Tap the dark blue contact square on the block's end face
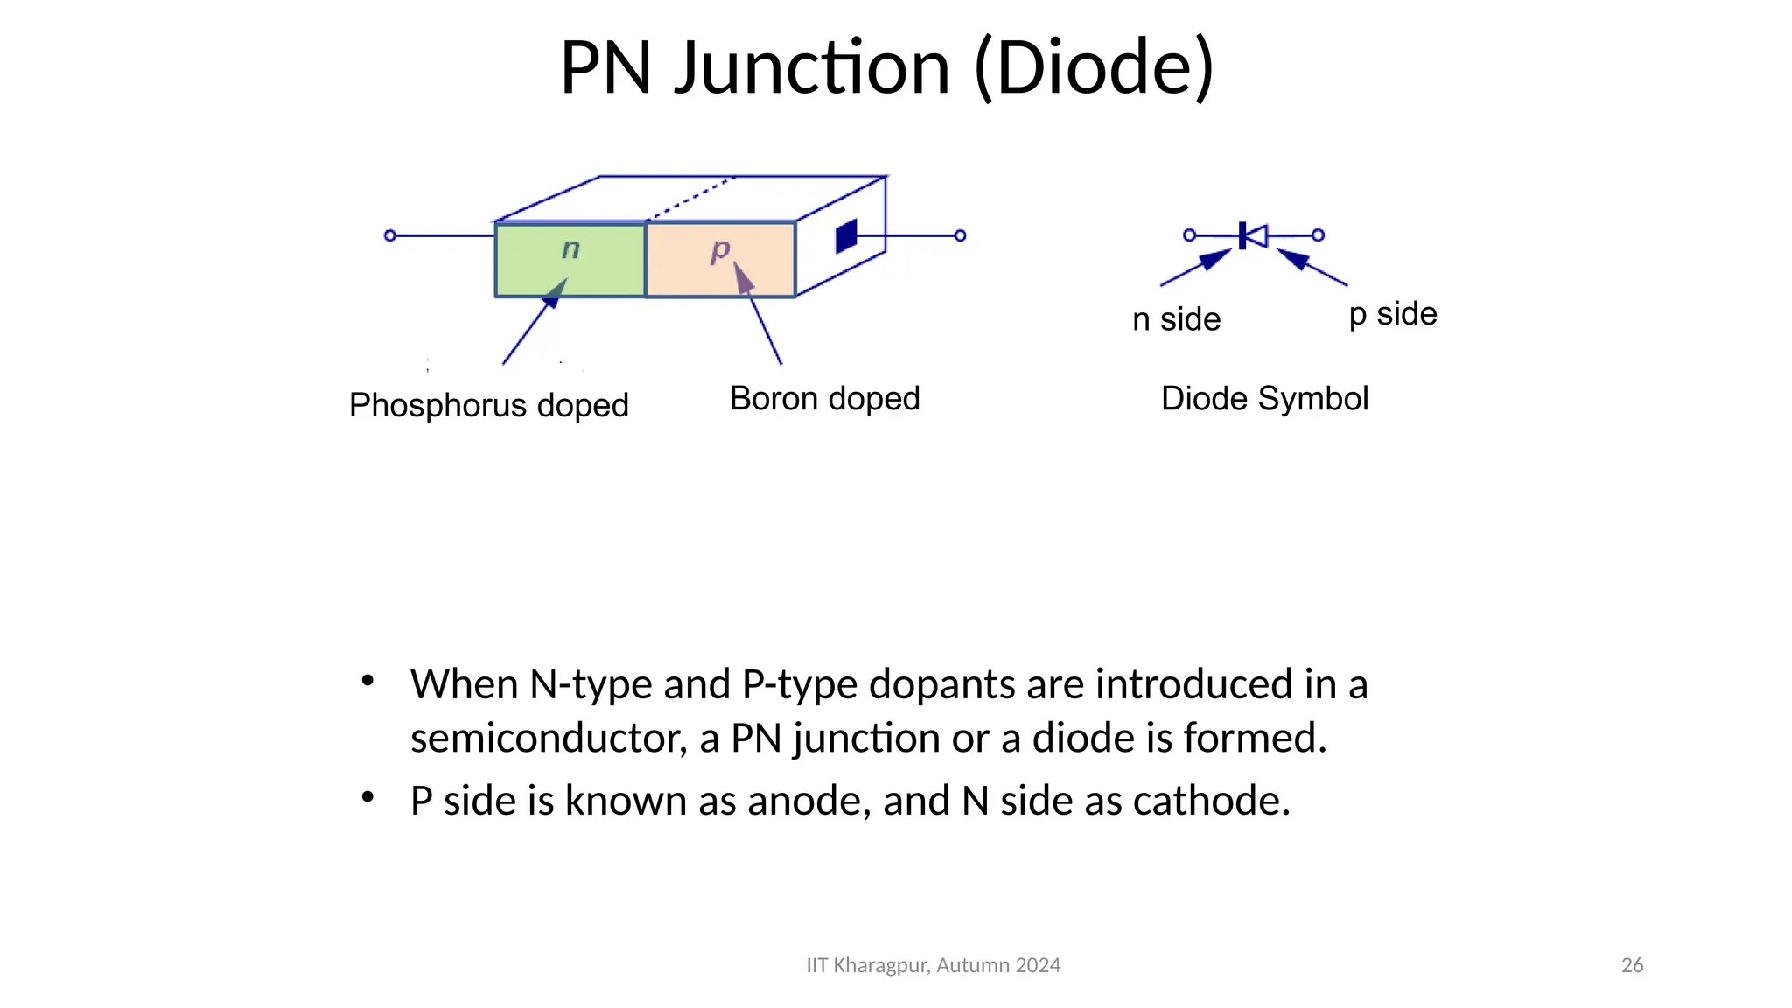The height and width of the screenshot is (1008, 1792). coord(846,236)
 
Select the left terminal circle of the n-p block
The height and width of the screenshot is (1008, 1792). coord(390,235)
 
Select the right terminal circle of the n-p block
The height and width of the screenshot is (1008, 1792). coord(960,235)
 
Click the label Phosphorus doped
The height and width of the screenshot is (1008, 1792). coord(488,406)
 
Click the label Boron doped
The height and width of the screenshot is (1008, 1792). coord(824,399)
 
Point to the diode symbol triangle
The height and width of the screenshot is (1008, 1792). coord(1256,235)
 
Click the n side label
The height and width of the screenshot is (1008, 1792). coord(1176,320)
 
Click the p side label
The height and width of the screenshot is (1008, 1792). coord(1393,314)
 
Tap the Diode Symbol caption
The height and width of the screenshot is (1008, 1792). coord(1264,399)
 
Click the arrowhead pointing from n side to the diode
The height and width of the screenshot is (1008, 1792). coord(1214,259)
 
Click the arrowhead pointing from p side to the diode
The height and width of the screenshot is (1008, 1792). coord(1293,258)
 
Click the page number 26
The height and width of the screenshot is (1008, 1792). coord(1632,965)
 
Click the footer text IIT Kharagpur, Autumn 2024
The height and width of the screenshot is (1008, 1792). coord(933,965)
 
